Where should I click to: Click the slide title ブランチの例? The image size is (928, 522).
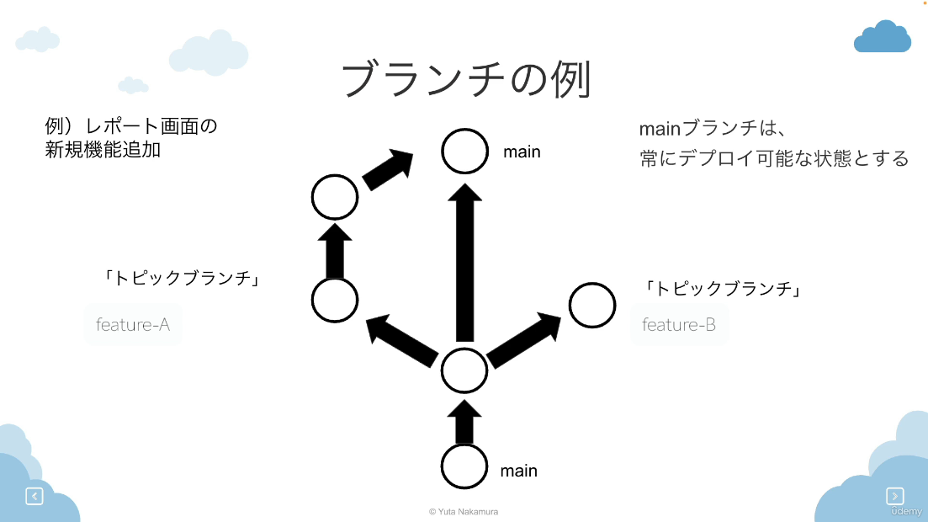[466, 79]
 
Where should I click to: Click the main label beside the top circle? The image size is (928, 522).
[522, 152]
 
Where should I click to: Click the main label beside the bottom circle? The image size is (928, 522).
[518, 471]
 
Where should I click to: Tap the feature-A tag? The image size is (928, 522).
[133, 325]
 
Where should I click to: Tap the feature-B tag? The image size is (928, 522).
[679, 325]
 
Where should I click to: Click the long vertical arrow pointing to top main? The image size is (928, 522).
[464, 263]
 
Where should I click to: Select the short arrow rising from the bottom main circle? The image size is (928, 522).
[464, 422]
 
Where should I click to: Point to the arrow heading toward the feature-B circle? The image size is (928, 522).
[524, 339]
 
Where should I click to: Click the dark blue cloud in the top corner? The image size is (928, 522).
[882, 36]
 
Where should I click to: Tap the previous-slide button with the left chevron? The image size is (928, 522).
[34, 496]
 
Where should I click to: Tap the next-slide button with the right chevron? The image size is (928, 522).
[895, 495]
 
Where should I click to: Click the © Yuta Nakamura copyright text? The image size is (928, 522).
[464, 511]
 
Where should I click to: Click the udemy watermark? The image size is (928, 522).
[906, 511]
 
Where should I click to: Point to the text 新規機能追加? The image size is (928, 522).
[103, 150]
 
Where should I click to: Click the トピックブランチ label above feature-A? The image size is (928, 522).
[181, 278]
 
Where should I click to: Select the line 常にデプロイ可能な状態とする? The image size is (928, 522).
[774, 158]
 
